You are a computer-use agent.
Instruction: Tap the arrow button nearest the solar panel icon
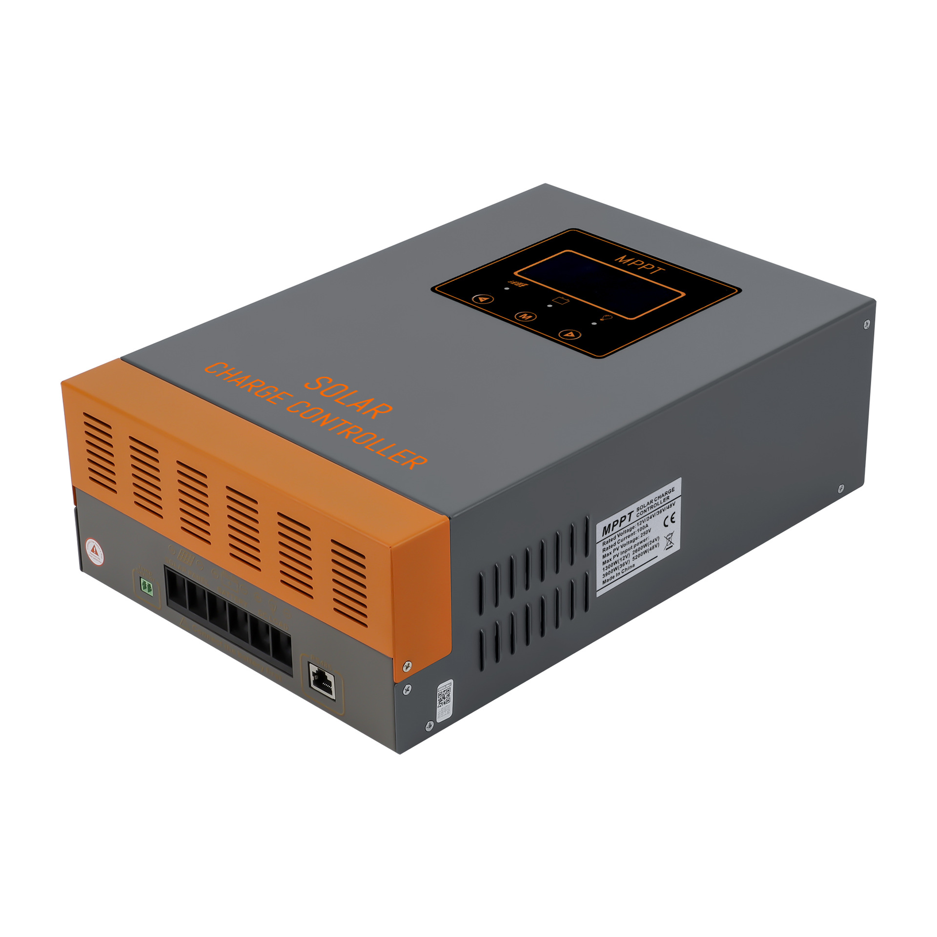click(483, 299)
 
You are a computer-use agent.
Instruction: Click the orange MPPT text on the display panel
click(640, 265)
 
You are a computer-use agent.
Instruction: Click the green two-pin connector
click(146, 587)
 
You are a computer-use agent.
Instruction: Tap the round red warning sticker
click(94, 550)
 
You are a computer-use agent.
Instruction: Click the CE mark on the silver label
click(670, 519)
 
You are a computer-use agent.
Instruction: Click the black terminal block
click(229, 618)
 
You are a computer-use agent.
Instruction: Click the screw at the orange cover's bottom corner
click(406, 665)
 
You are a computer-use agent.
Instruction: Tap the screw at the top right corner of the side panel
click(867, 324)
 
